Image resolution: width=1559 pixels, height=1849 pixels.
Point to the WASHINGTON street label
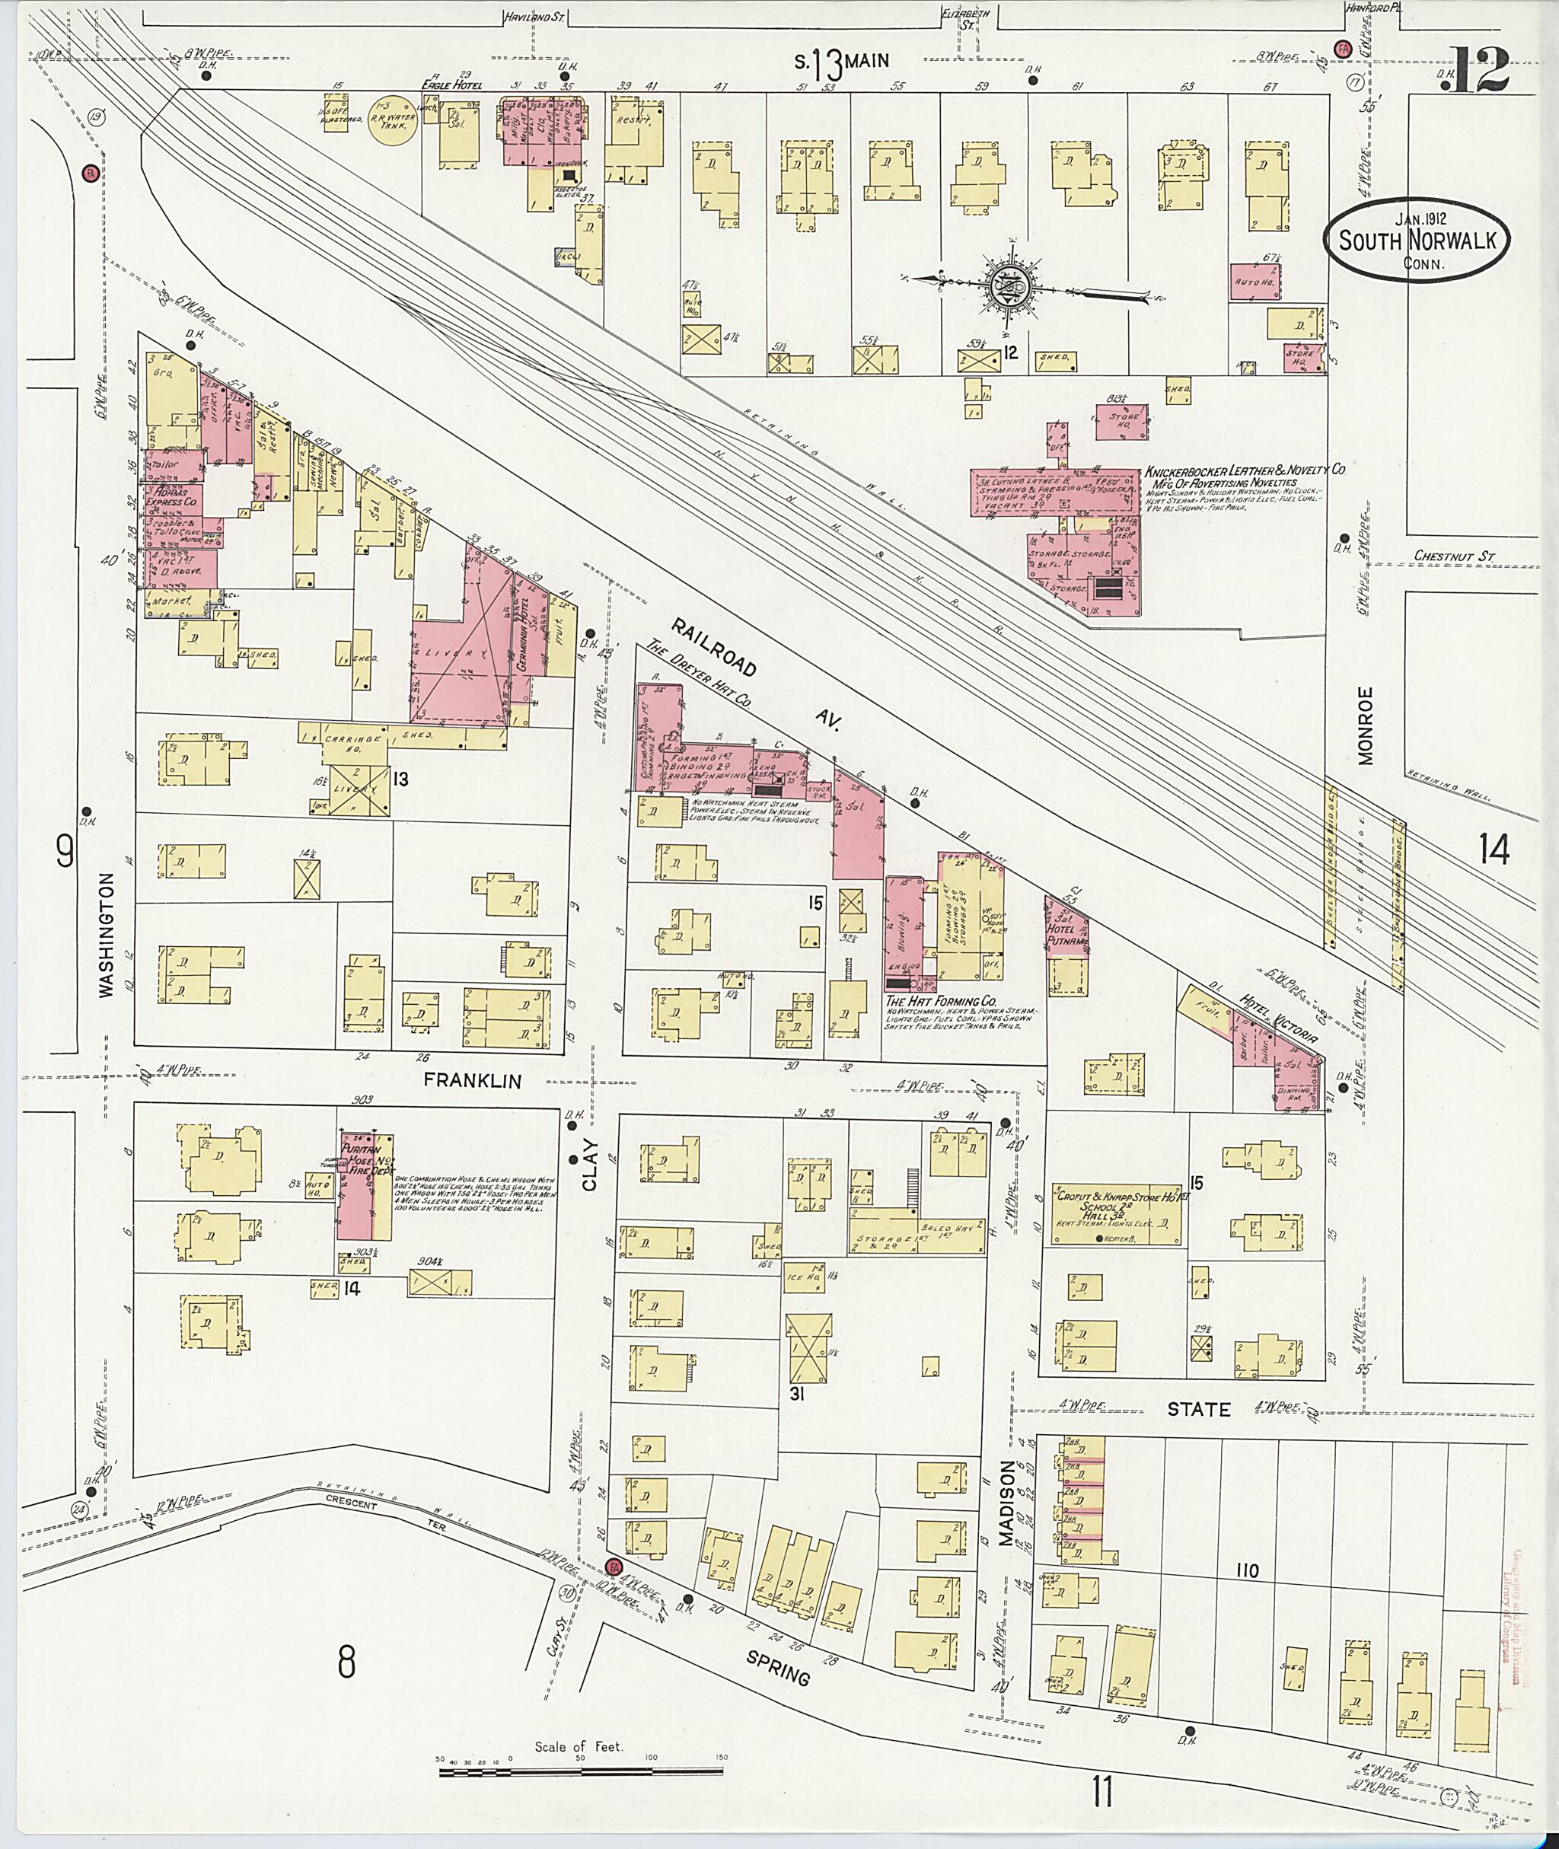click(107, 935)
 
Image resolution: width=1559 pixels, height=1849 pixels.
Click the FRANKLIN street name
click(472, 1080)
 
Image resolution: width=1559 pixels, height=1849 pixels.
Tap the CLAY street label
click(589, 1165)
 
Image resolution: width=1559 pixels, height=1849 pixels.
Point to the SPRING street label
click(778, 1667)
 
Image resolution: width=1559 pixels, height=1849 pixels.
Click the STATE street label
click(1197, 1409)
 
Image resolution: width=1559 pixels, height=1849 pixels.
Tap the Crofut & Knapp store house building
click(1115, 1214)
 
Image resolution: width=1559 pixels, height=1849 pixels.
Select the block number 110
click(1248, 1570)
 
